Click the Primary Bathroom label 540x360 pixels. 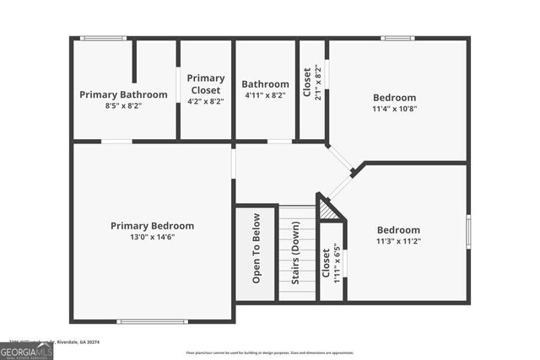pos(123,94)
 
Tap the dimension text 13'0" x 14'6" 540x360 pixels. pos(152,239)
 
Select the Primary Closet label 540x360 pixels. pos(205,84)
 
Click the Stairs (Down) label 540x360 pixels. pos(295,251)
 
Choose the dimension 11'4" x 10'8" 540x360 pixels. pos(395,109)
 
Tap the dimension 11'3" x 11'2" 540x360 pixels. pos(398,241)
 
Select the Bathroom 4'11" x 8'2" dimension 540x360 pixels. pos(265,95)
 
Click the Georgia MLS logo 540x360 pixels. pos(26,350)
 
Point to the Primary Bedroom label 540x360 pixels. pos(152,226)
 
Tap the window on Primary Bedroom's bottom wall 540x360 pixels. pos(152,321)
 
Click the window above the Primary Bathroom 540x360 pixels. pos(103,38)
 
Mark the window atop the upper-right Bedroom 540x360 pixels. pos(397,38)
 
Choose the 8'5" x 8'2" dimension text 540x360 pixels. pos(123,106)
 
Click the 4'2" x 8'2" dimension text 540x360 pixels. pos(205,101)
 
